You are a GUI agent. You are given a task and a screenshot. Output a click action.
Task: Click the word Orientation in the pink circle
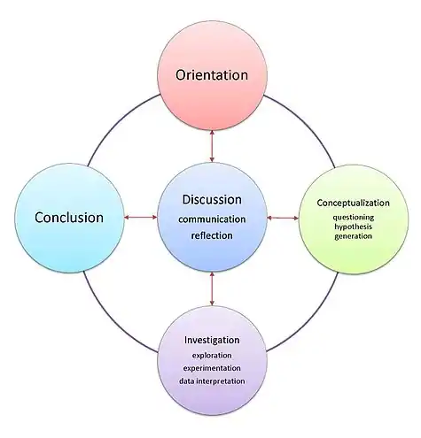(x=212, y=75)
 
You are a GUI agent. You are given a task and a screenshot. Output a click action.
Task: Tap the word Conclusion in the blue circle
(x=69, y=218)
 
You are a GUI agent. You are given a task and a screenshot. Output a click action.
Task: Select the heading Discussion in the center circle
(x=212, y=200)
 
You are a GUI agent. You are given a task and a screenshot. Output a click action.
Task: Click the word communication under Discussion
(x=212, y=219)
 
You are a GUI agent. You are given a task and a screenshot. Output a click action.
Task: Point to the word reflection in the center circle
(x=212, y=235)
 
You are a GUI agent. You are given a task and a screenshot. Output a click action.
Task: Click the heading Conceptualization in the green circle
(x=354, y=203)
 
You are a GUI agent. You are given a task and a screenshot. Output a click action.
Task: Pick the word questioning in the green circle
(x=354, y=218)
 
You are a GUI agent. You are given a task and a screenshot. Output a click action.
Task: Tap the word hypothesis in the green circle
(x=354, y=227)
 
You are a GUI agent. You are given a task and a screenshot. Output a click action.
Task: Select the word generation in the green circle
(x=354, y=236)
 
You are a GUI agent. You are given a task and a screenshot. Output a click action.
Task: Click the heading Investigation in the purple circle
(x=212, y=340)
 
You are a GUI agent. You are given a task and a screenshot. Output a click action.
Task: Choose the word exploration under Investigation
(x=212, y=356)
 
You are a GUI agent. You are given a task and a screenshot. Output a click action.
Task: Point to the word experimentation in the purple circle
(x=212, y=368)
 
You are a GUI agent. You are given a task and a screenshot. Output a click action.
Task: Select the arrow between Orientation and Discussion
(x=212, y=146)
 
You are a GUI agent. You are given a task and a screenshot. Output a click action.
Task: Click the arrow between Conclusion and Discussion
(x=141, y=218)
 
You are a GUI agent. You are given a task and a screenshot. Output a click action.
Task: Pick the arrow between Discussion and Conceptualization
(x=283, y=218)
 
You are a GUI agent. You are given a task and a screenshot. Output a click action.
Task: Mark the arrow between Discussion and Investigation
(x=212, y=288)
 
